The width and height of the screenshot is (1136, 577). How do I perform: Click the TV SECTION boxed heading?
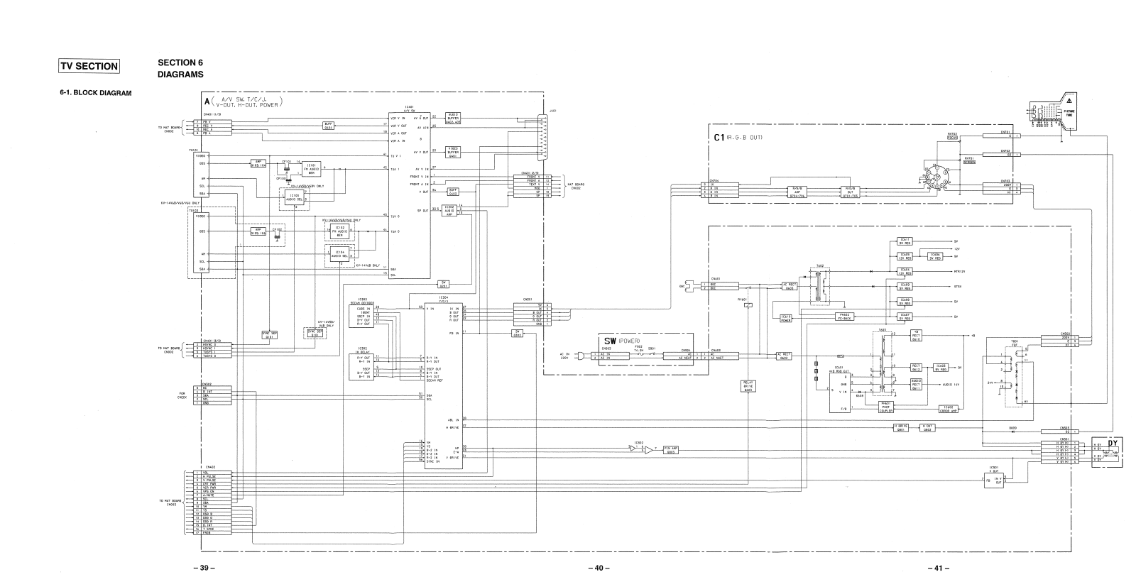coord(89,66)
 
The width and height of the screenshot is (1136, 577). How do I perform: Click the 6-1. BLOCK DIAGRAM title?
coord(96,94)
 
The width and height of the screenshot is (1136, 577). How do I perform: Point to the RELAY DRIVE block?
coord(748,385)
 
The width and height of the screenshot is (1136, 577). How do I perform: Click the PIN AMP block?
coord(670,449)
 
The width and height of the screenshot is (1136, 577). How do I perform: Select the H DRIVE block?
coord(901,427)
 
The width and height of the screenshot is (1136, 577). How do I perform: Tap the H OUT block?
coord(927,427)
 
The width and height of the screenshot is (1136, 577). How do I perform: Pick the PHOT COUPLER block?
coord(885,407)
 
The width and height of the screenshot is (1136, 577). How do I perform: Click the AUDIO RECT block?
coord(916,383)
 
